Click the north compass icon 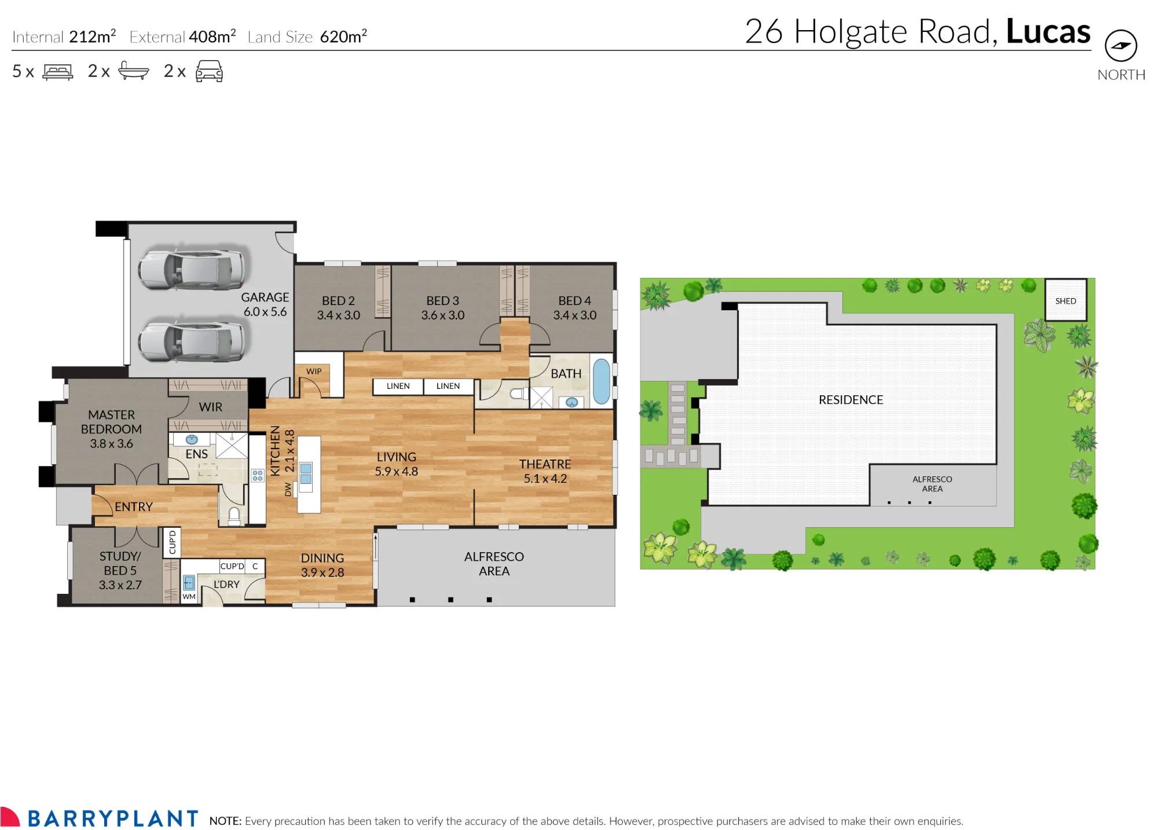click(x=1120, y=45)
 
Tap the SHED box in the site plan click(x=1065, y=300)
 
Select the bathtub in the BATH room click(x=602, y=381)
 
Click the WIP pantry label click(x=314, y=371)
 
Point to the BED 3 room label click(x=443, y=308)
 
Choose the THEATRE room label click(x=545, y=471)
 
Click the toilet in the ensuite click(x=234, y=516)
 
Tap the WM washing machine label click(x=189, y=596)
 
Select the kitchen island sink click(x=306, y=473)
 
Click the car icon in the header click(x=209, y=71)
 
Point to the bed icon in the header click(x=58, y=72)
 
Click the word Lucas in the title click(x=1048, y=31)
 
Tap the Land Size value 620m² click(x=343, y=36)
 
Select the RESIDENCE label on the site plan click(x=851, y=400)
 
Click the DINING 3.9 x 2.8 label click(x=323, y=565)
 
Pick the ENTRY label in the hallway click(x=134, y=507)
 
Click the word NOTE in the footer click(x=225, y=821)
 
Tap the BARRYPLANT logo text click(x=113, y=818)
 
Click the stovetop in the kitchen click(x=258, y=476)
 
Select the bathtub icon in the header click(x=133, y=71)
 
